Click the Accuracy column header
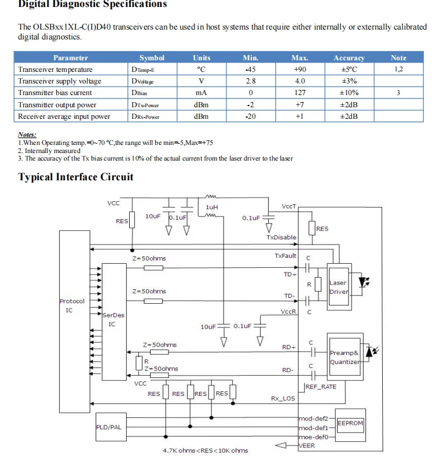(349, 58)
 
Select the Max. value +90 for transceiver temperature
(299, 69)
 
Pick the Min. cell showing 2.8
(250, 81)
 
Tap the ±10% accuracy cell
(349, 93)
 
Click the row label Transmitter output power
(57, 105)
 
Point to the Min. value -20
(250, 117)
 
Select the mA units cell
(202, 93)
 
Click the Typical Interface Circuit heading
(76, 177)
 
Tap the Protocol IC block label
(72, 305)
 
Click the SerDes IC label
(113, 319)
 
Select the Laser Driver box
(338, 287)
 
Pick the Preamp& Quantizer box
(345, 357)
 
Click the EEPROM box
(350, 423)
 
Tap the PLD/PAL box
(109, 428)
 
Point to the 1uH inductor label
(213, 207)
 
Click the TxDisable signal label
(281, 237)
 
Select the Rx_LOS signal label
(283, 399)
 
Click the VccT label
(289, 206)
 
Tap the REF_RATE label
(321, 387)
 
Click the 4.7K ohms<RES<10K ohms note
(205, 450)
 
